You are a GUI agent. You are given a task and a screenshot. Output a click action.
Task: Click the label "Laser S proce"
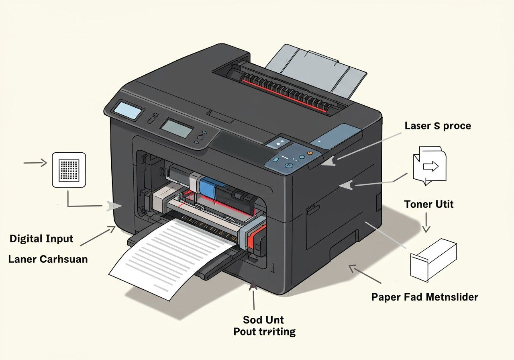coord(438,126)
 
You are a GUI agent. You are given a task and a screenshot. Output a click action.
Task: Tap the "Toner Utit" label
coord(428,204)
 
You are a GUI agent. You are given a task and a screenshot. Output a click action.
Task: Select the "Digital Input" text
coord(42,239)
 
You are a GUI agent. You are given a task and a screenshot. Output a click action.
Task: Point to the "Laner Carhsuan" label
coord(48,259)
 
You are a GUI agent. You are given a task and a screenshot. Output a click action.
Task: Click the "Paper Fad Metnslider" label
coord(425,297)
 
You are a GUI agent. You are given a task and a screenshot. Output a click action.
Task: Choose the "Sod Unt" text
coord(263,320)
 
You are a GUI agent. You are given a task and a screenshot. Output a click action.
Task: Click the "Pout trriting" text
coord(265,332)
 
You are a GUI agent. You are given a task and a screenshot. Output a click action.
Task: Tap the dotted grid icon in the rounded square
coord(69,170)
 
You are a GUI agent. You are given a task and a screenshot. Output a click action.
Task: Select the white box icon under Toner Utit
coord(433,260)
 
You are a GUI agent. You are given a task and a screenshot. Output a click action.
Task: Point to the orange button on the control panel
coord(309,153)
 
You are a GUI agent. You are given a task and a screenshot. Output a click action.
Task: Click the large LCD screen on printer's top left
coord(128,110)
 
